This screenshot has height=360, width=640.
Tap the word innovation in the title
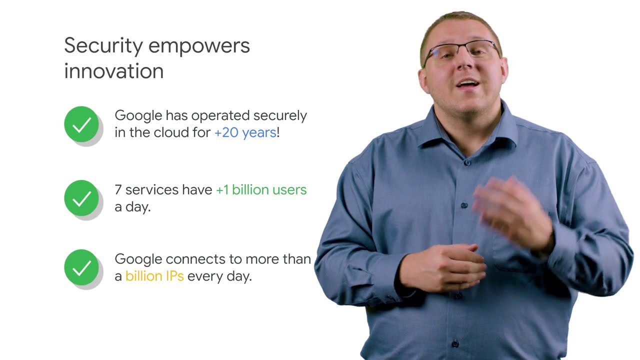[114, 71]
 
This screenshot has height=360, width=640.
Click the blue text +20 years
[245, 132]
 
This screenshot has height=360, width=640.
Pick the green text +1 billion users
[261, 190]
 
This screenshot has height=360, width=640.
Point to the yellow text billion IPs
[154, 276]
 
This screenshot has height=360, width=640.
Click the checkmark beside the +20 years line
[81, 124]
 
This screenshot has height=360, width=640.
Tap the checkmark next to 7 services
[81, 198]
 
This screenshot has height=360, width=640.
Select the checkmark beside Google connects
[81, 267]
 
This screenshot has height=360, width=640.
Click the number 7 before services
[118, 190]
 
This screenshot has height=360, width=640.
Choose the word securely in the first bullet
[280, 116]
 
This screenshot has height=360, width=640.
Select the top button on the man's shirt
[467, 162]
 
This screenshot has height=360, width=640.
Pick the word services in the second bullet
[152, 190]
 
